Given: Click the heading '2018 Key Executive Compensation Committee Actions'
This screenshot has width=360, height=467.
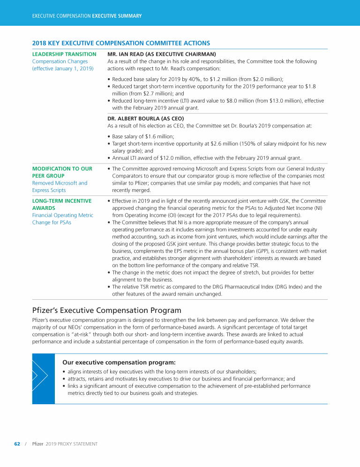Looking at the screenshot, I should tap(121, 44).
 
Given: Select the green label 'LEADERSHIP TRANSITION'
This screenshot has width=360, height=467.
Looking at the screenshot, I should tap(64, 54).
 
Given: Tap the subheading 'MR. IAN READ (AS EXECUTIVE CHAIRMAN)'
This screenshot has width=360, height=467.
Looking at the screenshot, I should tap(162, 54).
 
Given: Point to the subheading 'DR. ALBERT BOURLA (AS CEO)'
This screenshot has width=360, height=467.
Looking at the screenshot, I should tap(146, 119).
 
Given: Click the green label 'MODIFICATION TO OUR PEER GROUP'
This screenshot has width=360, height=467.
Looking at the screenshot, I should tap(62, 172).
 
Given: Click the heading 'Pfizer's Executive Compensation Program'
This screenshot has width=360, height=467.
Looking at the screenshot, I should tap(107, 310).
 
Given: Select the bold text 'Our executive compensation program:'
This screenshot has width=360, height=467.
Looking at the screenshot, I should tap(119, 362).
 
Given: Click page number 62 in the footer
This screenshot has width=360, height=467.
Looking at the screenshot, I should tap(17, 444).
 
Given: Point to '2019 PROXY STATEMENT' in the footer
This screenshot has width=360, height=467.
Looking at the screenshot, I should tap(72, 444).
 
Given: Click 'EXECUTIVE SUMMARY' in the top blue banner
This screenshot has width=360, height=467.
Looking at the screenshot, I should tap(117, 16).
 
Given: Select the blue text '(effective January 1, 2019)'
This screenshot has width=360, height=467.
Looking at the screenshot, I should tap(63, 69).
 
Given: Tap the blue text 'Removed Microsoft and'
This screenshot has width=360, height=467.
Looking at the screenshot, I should tap(60, 183).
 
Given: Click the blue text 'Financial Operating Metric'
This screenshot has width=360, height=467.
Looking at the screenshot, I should tap(63, 215).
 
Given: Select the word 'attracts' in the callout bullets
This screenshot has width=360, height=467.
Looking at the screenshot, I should tap(78, 379).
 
